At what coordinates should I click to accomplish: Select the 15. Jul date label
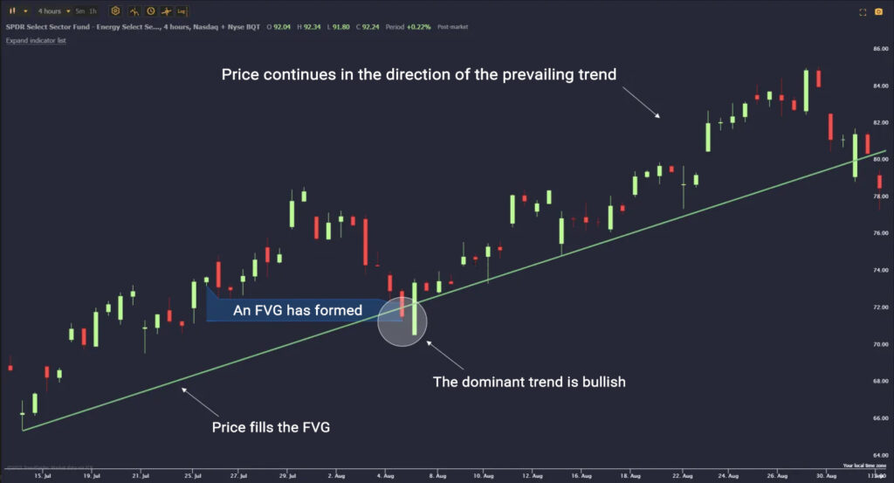(37, 476)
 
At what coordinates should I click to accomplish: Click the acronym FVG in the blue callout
(287, 310)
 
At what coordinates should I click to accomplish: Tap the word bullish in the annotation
(601, 382)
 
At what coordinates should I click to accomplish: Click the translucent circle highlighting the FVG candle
(402, 321)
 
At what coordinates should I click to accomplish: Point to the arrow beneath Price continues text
(644, 104)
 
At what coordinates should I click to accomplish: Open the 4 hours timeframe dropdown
(52, 11)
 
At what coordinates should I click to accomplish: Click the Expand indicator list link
(36, 41)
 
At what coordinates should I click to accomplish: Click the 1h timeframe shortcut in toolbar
(93, 11)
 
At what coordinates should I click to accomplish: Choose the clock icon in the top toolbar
(151, 11)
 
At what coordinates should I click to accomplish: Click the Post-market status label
(452, 27)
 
